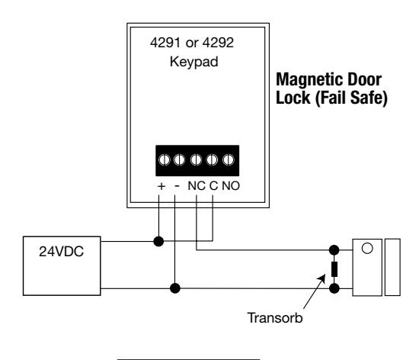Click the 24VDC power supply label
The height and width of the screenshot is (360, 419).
click(x=61, y=252)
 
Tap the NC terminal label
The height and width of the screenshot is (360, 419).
click(x=197, y=186)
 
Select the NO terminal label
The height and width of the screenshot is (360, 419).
click(x=231, y=186)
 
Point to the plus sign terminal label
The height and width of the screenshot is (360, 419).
click(x=162, y=186)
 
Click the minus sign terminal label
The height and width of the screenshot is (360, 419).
click(x=177, y=185)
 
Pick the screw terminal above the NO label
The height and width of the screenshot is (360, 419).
click(x=229, y=160)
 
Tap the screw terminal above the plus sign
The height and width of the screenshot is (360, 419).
click(x=165, y=160)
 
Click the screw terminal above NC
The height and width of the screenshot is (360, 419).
click(x=196, y=160)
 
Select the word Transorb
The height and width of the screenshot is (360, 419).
click(x=275, y=318)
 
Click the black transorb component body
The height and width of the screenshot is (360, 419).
click(x=334, y=269)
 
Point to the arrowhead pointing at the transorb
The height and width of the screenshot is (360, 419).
click(x=322, y=278)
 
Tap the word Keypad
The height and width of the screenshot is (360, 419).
click(x=194, y=62)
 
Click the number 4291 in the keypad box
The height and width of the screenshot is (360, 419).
click(x=165, y=43)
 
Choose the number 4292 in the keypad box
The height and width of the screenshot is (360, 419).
click(x=218, y=43)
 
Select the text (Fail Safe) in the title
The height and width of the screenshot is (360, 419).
click(x=351, y=98)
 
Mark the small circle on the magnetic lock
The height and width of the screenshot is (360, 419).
click(x=367, y=248)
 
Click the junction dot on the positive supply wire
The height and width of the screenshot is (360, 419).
click(x=158, y=242)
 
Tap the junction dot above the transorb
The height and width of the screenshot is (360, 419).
click(x=334, y=250)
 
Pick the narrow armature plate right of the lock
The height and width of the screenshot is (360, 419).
click(x=392, y=267)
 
